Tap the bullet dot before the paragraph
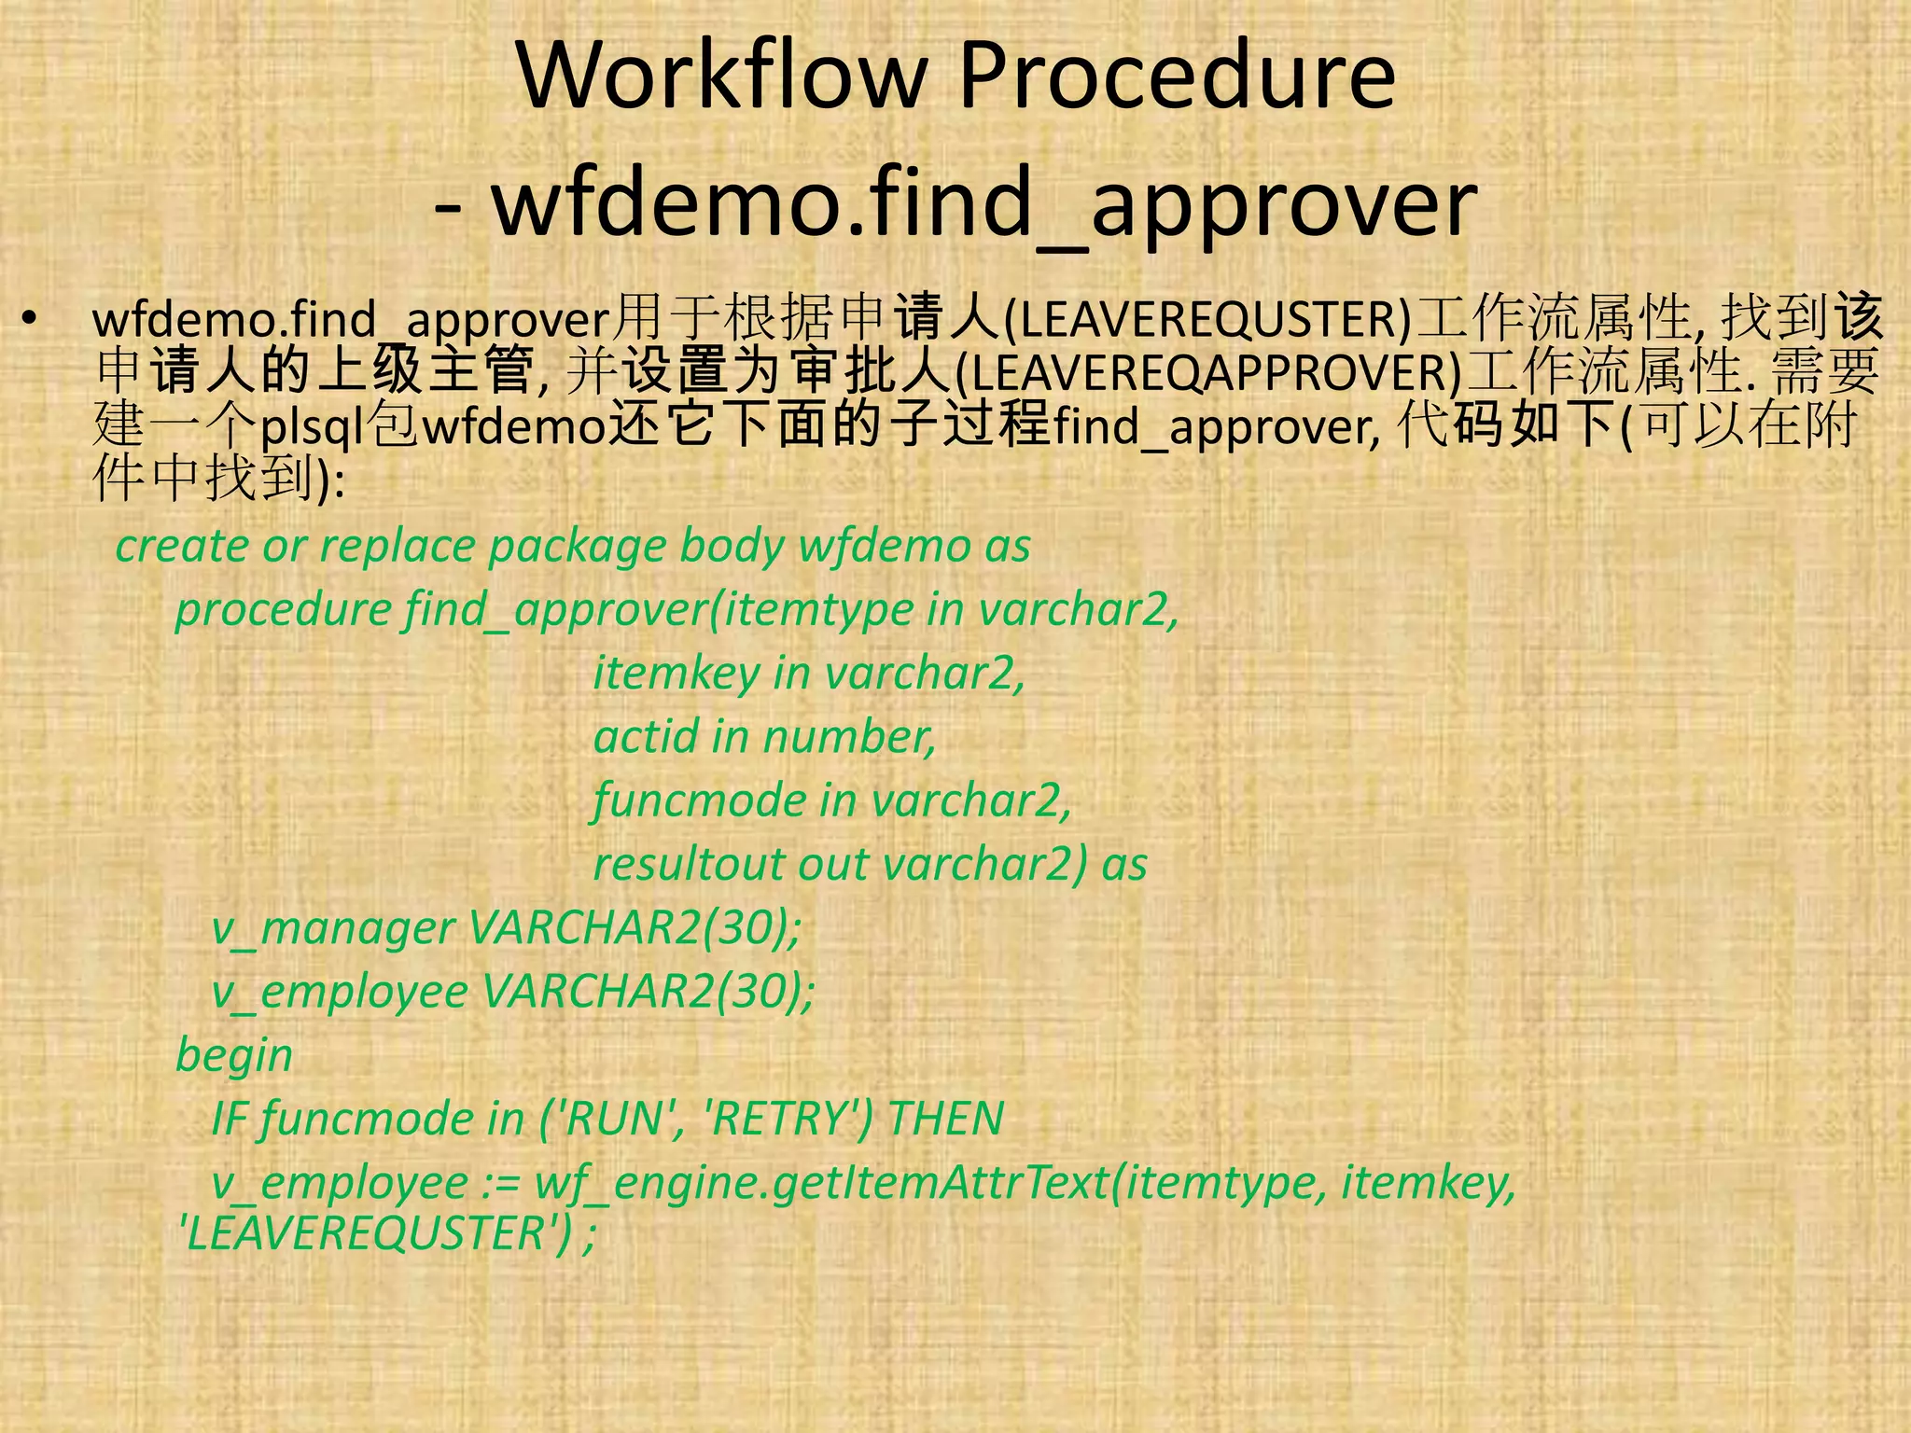[31, 320]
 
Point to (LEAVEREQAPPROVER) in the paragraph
[1210, 372]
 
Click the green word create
[181, 546]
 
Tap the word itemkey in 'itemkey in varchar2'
[677, 674]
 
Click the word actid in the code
[646, 737]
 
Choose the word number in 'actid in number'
[849, 737]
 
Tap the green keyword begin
[234, 1056]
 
